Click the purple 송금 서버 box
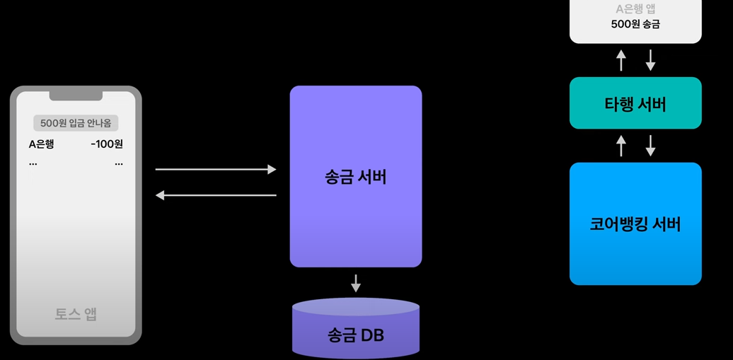pos(356,176)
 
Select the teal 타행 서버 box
pos(635,103)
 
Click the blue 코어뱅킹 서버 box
pos(635,223)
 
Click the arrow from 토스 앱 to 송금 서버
pos(216,169)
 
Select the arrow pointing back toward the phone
pos(216,194)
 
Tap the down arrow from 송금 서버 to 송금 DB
pos(356,283)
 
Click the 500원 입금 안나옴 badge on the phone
pos(76,123)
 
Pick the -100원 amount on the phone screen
pos(107,144)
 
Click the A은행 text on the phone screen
pos(41,144)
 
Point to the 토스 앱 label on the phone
pos(76,314)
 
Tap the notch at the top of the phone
pos(76,95)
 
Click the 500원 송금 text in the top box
pos(635,24)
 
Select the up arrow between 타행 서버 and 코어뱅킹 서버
pos(621,146)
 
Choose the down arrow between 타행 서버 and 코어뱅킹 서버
pos(651,146)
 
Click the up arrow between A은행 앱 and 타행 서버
pos(621,60)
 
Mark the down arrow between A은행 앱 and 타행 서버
pos(651,60)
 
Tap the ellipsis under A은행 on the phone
pos(33,164)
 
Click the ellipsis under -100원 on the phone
pos(118,164)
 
